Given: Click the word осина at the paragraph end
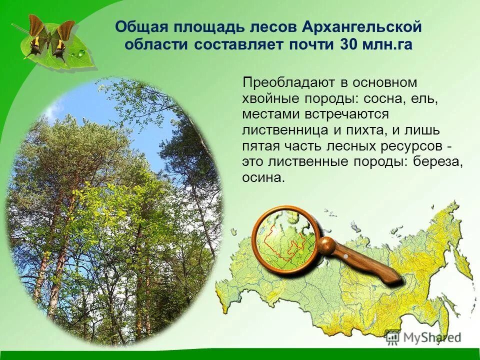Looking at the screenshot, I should click(x=262, y=178).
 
